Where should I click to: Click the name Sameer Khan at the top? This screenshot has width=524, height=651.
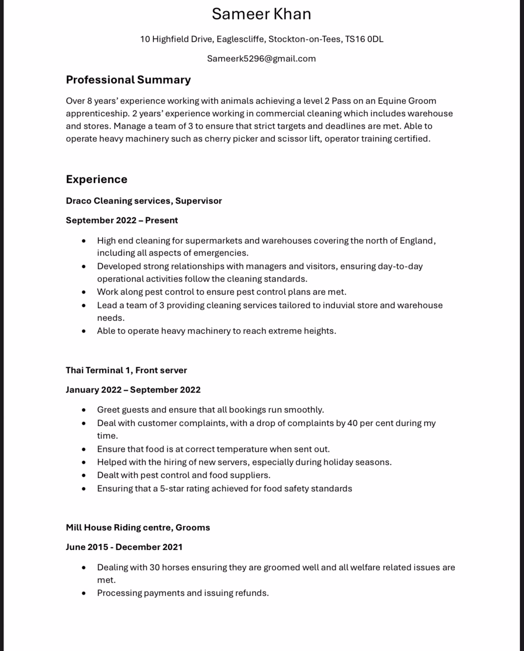(261, 14)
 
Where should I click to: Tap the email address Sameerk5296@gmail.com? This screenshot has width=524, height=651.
(261, 59)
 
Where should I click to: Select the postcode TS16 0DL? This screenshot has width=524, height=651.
(364, 39)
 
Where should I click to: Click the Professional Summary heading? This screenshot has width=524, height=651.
(128, 80)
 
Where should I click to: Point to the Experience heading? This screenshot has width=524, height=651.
(96, 179)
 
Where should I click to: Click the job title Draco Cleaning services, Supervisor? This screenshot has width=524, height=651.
(144, 201)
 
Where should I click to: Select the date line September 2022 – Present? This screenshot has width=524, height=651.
(121, 220)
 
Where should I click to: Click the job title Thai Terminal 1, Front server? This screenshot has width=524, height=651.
(126, 370)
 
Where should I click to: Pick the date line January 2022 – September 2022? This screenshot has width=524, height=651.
(133, 390)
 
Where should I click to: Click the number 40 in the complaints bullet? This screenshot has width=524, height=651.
(352, 423)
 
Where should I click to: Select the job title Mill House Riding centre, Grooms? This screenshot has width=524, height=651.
(138, 527)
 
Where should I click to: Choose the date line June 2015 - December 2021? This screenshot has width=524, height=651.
(124, 547)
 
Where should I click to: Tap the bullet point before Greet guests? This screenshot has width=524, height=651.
(84, 410)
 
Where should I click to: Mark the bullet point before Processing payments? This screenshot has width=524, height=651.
(84, 593)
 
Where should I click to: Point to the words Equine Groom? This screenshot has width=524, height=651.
(407, 101)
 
